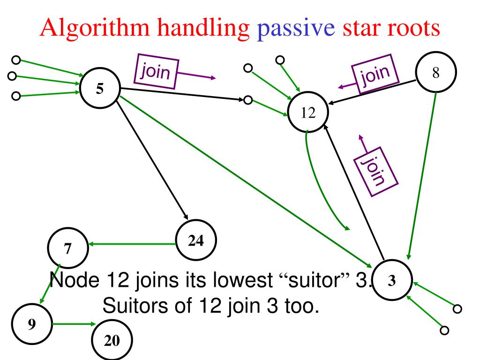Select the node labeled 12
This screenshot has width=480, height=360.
coord(308,113)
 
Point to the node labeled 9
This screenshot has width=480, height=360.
coord(31,324)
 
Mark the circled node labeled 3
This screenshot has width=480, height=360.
coord(393,280)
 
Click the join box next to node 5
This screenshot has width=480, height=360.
coord(156,72)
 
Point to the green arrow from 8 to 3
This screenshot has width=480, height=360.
coord(423,173)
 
